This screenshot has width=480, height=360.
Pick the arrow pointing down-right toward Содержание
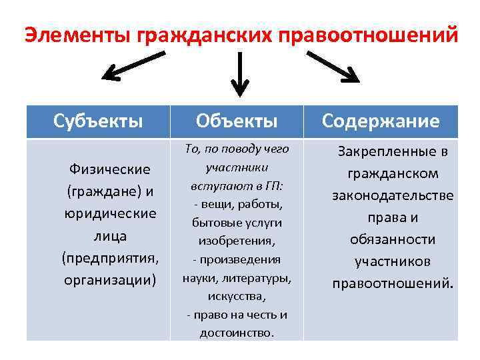(x=333, y=67)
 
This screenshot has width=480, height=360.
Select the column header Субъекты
(x=98, y=121)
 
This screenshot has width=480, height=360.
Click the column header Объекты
(x=237, y=121)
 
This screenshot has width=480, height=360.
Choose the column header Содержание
(x=381, y=121)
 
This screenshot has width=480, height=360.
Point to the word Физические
(x=110, y=169)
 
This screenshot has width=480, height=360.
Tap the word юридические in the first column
(x=110, y=213)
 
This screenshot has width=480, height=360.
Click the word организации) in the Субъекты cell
(x=110, y=279)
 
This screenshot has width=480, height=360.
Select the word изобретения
(x=237, y=240)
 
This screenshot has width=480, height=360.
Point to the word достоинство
(x=236, y=333)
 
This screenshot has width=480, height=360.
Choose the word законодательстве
(x=393, y=195)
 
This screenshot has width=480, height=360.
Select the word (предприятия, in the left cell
(x=110, y=257)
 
